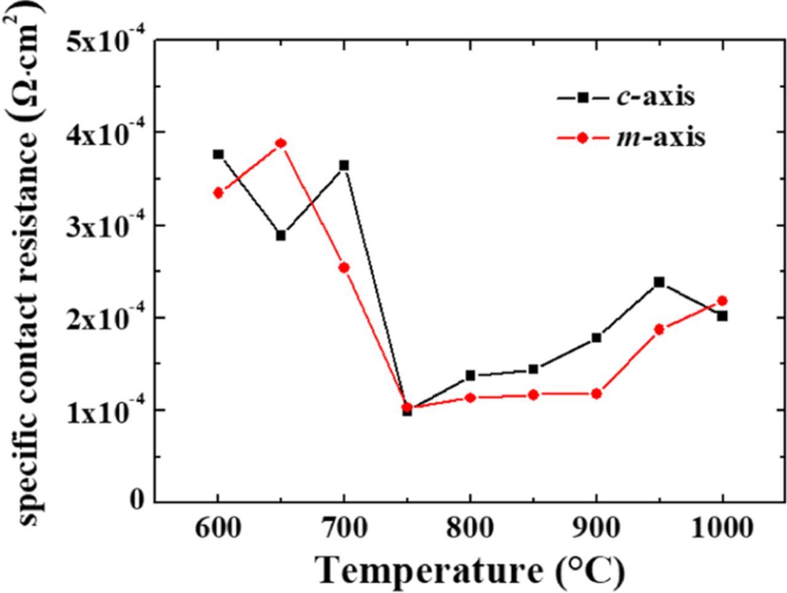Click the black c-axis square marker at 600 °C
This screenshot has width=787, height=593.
tap(218, 154)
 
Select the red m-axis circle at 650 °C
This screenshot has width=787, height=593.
tap(281, 144)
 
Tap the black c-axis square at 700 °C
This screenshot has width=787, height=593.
tap(344, 165)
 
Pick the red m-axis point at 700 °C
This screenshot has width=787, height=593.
tap(344, 267)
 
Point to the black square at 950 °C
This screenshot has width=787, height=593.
tap(659, 282)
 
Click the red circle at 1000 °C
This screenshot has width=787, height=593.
tap(722, 300)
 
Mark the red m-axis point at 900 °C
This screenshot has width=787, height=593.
tap(596, 394)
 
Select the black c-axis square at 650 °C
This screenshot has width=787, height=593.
tap(281, 235)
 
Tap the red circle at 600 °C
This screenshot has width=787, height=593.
tap(218, 193)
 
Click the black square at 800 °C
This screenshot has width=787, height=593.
tap(470, 375)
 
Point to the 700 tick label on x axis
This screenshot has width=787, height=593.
tap(344, 528)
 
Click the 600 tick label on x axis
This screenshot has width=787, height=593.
tap(218, 528)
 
